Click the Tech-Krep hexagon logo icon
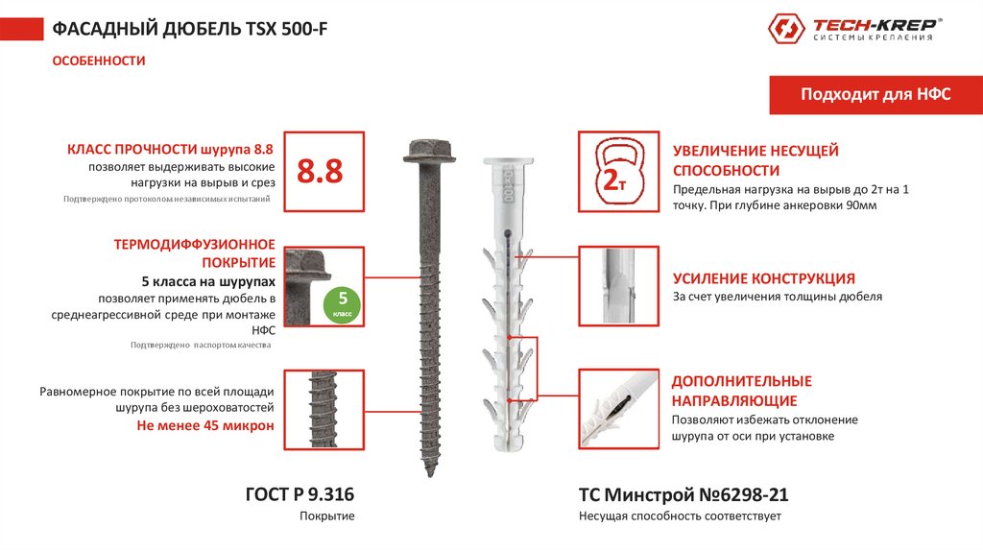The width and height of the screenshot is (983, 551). [786, 28]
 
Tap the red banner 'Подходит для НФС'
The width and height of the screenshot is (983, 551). [875, 95]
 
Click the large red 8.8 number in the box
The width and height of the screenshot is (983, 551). [320, 171]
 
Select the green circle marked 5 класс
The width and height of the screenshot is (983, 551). [343, 305]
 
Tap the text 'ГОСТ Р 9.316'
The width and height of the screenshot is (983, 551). [300, 494]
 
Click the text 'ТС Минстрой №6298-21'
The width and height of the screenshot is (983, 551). [683, 494]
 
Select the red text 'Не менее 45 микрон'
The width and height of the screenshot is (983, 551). [205, 425]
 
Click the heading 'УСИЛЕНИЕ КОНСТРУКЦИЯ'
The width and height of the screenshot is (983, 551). [763, 278]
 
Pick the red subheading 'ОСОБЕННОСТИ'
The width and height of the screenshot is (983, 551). [99, 60]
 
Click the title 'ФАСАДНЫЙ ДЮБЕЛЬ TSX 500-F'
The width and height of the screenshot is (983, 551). [189, 29]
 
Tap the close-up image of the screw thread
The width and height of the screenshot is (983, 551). [324, 409]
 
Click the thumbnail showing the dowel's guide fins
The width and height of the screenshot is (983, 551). [619, 409]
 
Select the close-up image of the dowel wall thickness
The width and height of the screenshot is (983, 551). [619, 286]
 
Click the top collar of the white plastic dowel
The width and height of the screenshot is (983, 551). [508, 161]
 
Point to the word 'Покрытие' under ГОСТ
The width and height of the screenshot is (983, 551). [326, 515]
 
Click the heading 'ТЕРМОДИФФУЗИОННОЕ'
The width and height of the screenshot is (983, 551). [194, 245]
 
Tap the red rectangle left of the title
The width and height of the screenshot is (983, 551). [22, 29]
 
